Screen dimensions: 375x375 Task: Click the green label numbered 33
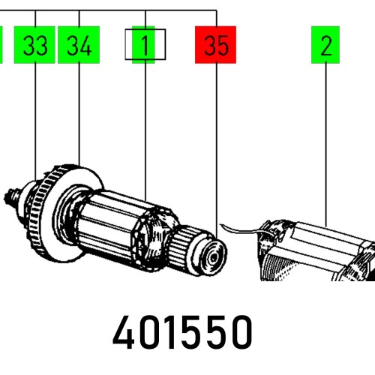pyautogui.click(x=35, y=46)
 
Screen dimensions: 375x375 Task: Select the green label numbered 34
pyautogui.click(x=79, y=46)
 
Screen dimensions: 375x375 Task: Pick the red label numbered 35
pyautogui.click(x=215, y=46)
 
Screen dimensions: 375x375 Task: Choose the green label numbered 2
pyautogui.click(x=325, y=46)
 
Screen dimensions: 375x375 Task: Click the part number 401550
pyautogui.click(x=183, y=332)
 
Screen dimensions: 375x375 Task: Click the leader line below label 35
pyautogui.click(x=216, y=150)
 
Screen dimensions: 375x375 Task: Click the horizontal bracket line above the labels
pyautogui.click(x=112, y=12)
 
